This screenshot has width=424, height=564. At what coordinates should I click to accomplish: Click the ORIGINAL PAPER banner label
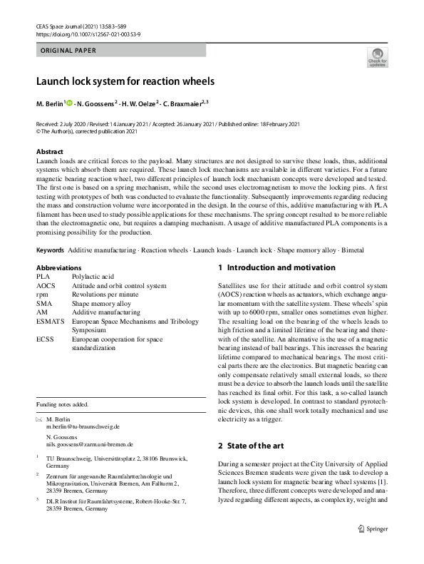click(68, 51)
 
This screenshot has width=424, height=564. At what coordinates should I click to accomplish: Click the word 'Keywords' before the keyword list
click(50, 251)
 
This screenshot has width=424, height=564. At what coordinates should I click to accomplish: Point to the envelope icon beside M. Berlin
click(38, 419)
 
